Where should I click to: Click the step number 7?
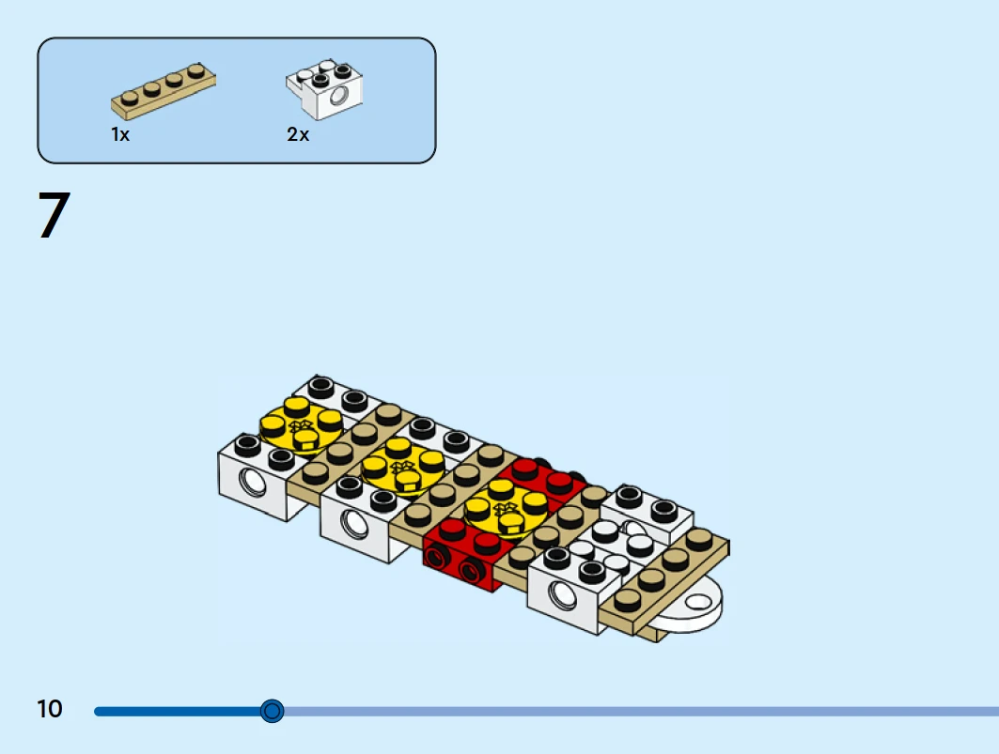click(x=55, y=215)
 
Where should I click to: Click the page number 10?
click(x=50, y=709)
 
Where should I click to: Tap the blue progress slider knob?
click(x=272, y=711)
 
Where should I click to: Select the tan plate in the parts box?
click(x=164, y=91)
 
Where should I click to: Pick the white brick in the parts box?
click(x=324, y=89)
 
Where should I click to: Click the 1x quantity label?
click(x=120, y=134)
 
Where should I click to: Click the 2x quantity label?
click(x=298, y=134)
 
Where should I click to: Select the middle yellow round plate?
click(x=401, y=466)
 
